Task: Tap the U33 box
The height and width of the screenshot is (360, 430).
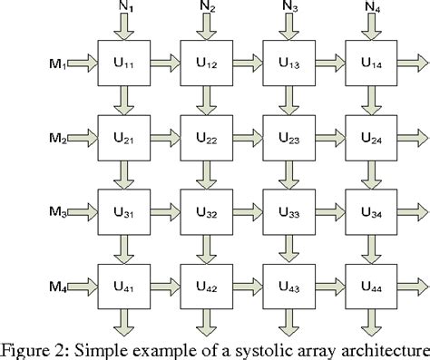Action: tap(288, 215)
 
